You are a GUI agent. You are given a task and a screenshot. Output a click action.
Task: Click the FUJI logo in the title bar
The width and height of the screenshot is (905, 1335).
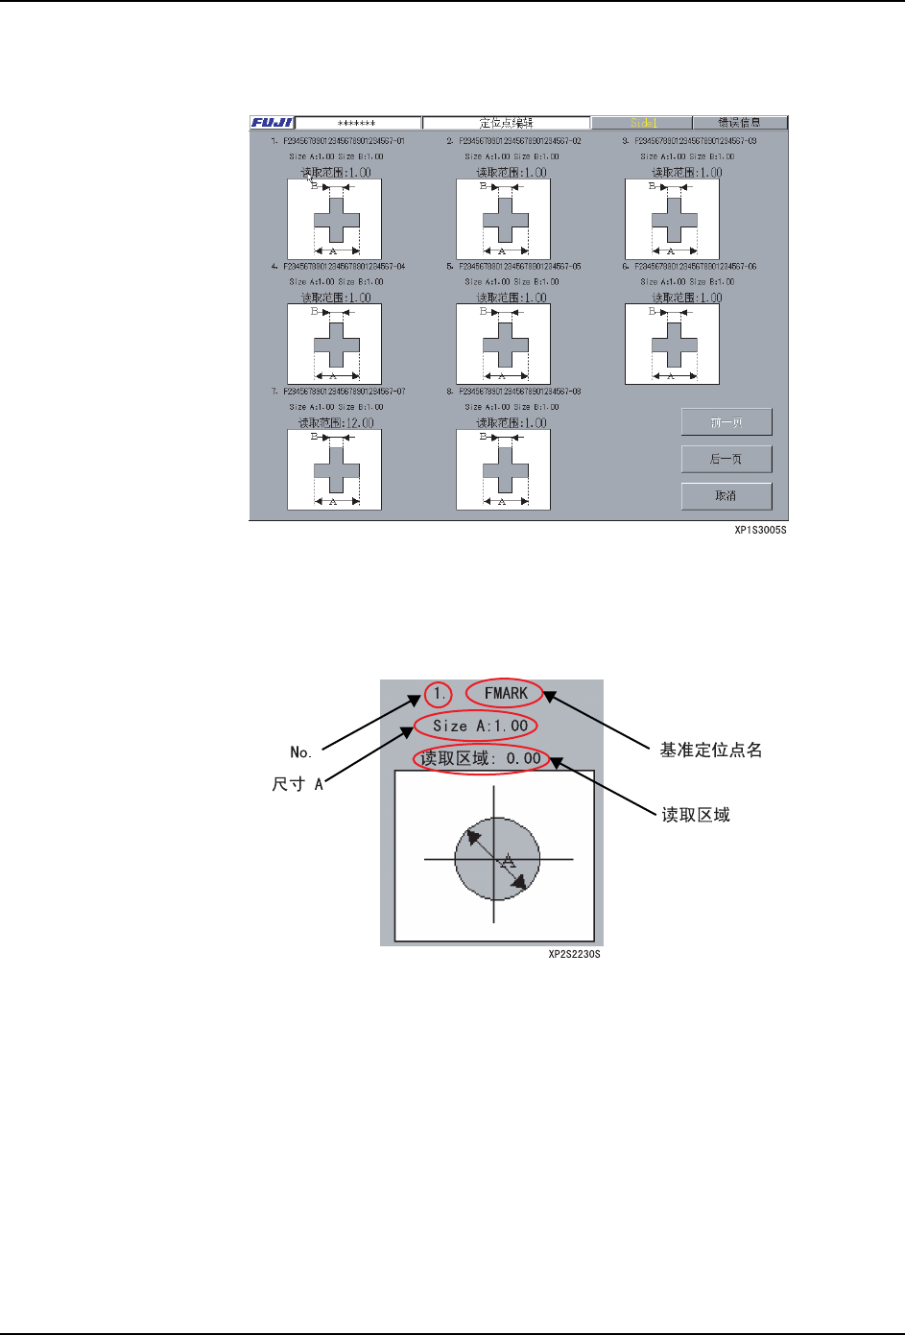click(x=272, y=123)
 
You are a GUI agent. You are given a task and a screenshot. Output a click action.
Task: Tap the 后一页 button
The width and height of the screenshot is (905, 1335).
click(x=726, y=459)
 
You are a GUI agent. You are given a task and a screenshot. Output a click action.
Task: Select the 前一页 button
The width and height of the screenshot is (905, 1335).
click(x=726, y=422)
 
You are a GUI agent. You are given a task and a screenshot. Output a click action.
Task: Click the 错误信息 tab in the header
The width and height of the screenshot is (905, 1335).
click(x=739, y=123)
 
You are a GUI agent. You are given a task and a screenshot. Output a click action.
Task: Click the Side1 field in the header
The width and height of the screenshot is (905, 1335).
click(x=641, y=123)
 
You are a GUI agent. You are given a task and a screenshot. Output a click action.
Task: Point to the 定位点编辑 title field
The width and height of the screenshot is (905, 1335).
click(x=506, y=123)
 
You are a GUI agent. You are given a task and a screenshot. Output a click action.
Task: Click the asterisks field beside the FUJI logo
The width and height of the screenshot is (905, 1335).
click(x=358, y=123)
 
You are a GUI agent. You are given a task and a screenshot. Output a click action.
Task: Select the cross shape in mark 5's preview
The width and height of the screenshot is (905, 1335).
click(x=506, y=345)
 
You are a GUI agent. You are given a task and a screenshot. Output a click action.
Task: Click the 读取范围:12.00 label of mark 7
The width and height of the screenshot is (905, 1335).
click(x=336, y=422)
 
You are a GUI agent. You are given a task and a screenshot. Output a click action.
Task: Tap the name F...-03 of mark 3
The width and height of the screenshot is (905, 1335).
click(x=695, y=141)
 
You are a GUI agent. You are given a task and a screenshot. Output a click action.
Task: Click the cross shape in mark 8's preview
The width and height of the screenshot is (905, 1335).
click(x=506, y=469)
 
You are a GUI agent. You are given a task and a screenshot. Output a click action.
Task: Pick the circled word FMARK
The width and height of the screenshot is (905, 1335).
click(x=505, y=693)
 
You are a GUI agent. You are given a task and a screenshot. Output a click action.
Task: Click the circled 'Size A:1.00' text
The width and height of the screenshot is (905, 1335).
click(x=477, y=726)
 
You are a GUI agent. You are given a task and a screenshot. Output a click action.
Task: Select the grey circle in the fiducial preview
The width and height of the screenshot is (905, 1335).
click(x=496, y=859)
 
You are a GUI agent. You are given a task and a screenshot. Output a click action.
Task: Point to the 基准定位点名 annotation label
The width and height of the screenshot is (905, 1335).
click(x=710, y=750)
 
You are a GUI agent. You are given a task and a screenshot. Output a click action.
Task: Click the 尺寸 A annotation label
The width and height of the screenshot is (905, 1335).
click(x=298, y=784)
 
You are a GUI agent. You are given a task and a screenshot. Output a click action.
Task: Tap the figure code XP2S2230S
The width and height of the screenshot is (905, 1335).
click(x=574, y=954)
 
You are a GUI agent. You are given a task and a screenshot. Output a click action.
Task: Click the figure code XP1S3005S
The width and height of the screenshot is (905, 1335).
click(x=760, y=530)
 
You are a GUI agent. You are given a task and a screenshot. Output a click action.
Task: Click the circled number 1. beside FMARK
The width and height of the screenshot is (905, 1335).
click(x=438, y=693)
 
